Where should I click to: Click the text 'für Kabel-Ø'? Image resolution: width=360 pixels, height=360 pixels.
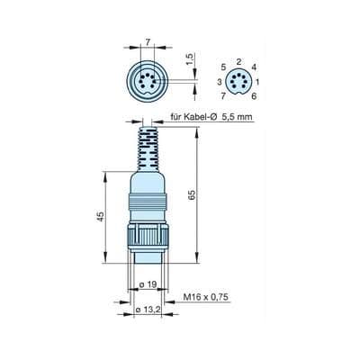point(194,118)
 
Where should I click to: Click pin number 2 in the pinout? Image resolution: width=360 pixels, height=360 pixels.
point(237,62)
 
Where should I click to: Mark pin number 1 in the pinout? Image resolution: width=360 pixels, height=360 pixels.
point(257,82)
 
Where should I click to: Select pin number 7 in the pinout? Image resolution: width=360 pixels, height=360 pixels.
point(221,95)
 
